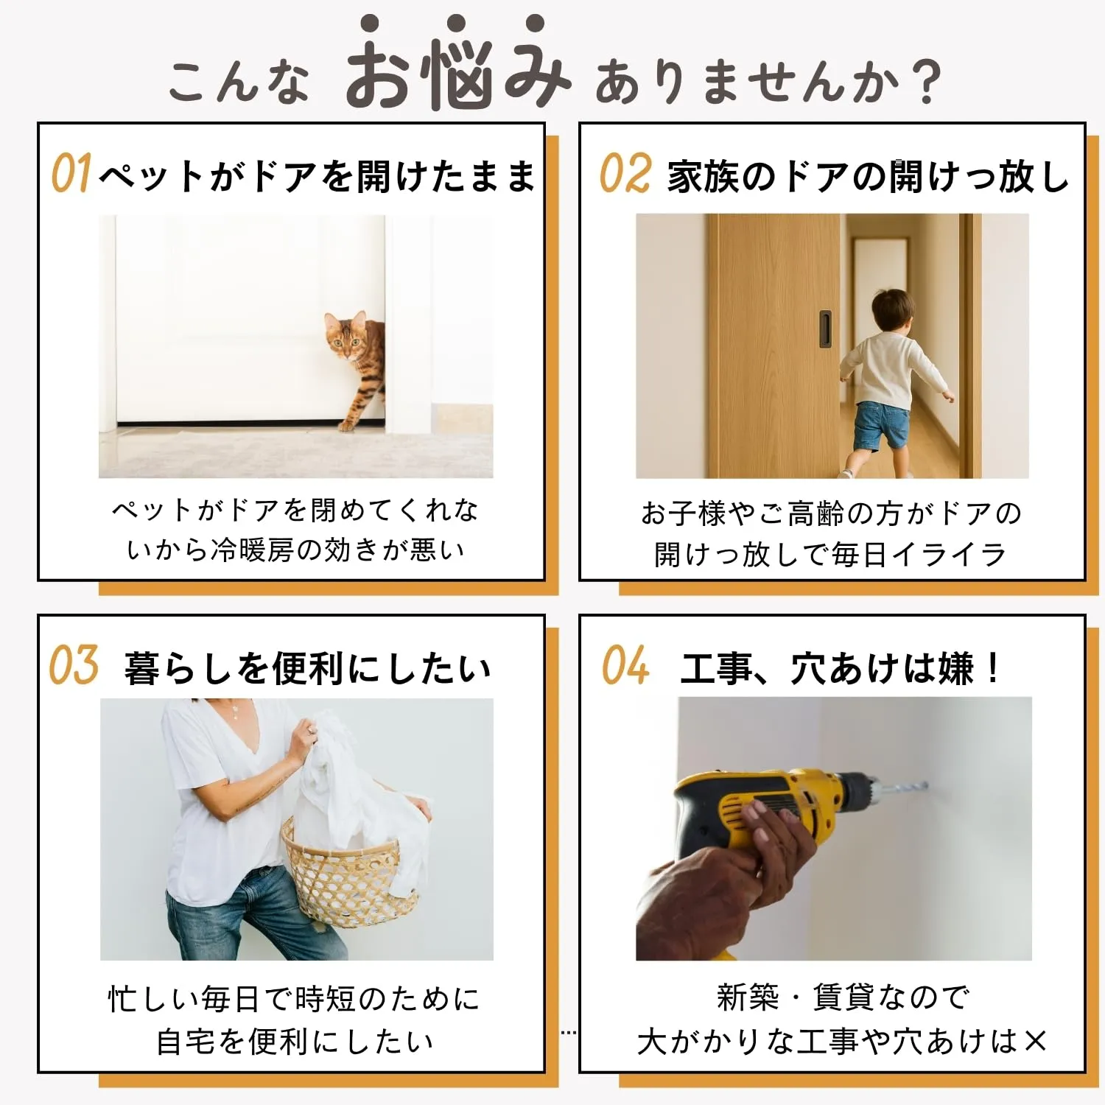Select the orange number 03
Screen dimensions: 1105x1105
click(74, 665)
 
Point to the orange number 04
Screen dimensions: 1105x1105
click(625, 665)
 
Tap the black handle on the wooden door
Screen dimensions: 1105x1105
click(825, 329)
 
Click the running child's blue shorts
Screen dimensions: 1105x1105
click(880, 425)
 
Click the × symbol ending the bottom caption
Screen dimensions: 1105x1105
click(1034, 1041)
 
